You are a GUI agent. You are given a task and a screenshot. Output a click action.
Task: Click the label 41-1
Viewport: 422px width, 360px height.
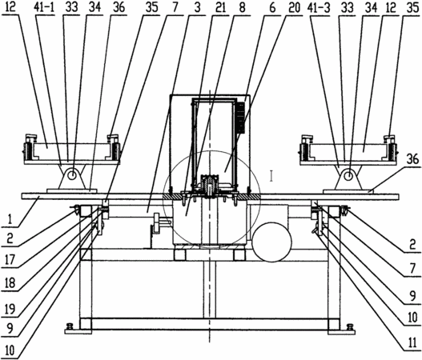click(x=44, y=7)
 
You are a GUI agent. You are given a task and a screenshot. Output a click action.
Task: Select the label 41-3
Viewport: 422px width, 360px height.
click(x=319, y=7)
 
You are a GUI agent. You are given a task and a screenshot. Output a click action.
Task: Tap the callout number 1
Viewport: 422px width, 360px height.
click(x=10, y=219)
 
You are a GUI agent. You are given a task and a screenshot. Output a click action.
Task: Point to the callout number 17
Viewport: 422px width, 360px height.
click(x=10, y=260)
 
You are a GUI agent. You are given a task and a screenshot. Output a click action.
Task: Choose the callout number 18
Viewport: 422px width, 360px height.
click(x=10, y=283)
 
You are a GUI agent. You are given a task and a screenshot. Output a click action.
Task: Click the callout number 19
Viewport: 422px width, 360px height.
click(x=10, y=309)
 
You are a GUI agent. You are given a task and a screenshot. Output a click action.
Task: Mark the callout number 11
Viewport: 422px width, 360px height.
click(x=412, y=342)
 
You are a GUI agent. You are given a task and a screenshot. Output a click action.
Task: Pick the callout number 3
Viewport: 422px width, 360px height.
click(x=197, y=7)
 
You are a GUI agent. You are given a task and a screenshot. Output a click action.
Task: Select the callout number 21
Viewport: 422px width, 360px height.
click(x=220, y=7)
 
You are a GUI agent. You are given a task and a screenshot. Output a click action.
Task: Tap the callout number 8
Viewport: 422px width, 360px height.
click(x=242, y=7)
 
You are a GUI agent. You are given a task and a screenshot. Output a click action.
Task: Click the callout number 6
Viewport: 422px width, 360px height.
click(x=272, y=7)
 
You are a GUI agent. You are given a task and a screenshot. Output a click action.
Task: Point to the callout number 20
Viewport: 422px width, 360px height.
click(x=294, y=7)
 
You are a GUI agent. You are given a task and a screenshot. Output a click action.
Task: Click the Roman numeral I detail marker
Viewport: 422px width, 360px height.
click(x=271, y=176)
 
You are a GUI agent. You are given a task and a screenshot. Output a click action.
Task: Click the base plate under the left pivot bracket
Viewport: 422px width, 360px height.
click(x=71, y=190)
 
